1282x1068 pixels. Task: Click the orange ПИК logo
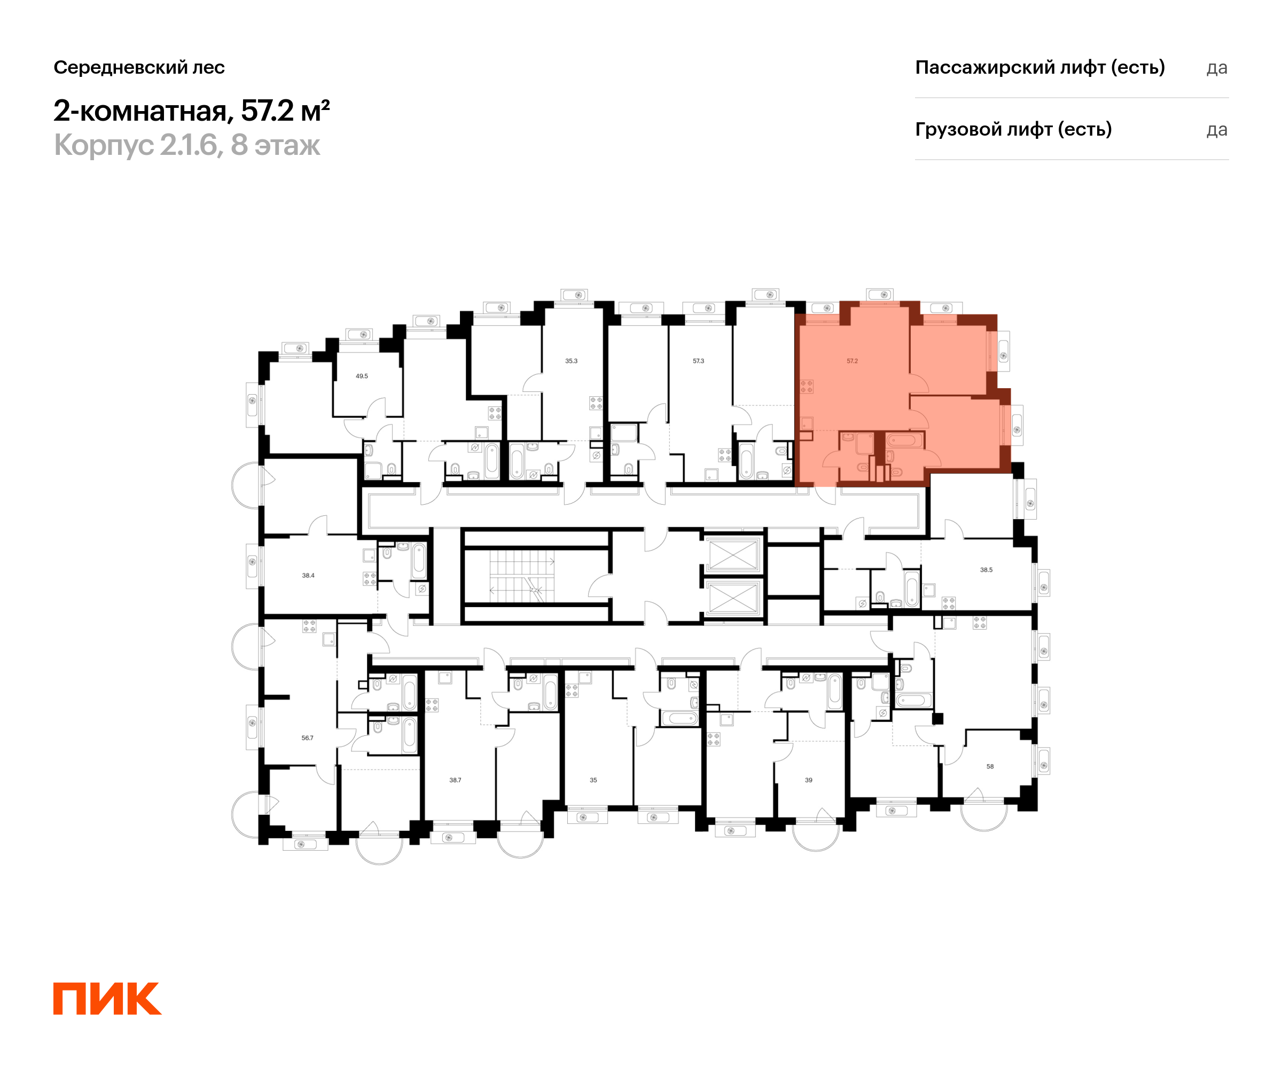tap(107, 999)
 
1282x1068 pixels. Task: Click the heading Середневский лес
tap(139, 67)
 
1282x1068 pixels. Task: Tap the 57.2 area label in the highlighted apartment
tap(852, 360)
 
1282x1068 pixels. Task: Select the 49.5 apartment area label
tap(362, 376)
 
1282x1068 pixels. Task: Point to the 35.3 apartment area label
tap(572, 360)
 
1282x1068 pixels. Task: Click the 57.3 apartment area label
tap(698, 360)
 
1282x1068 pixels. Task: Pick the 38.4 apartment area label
tap(308, 576)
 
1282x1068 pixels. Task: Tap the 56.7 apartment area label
tap(308, 738)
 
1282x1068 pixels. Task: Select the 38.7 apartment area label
tap(456, 780)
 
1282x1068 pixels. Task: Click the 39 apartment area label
tap(809, 780)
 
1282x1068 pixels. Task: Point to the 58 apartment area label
tap(990, 766)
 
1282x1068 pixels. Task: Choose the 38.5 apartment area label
tap(987, 570)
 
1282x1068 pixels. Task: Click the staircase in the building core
tap(522, 576)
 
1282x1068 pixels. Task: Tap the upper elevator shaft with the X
tap(733, 555)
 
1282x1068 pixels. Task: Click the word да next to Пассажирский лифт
tap(1217, 68)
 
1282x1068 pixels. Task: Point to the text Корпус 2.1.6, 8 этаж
tap(187, 145)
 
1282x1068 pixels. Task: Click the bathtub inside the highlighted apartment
tap(901, 439)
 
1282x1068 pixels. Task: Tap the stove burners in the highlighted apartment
tap(807, 386)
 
